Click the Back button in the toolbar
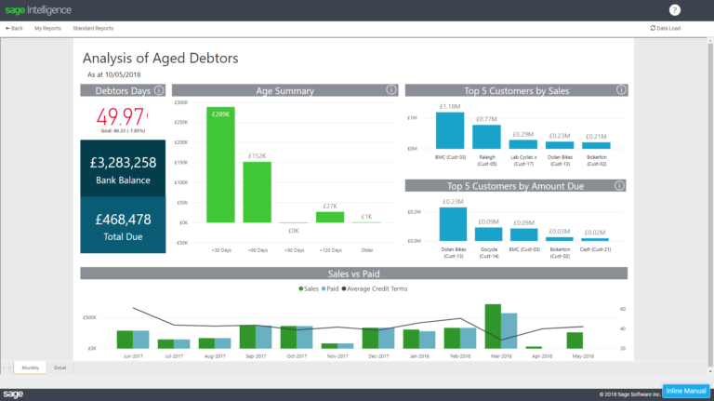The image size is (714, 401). pos(14,29)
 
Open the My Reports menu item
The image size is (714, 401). pos(47,29)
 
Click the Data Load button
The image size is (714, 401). pos(666,29)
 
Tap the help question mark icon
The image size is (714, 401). pos(675,10)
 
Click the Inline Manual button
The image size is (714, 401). pos(686,392)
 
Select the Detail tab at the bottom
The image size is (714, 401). pos(60,368)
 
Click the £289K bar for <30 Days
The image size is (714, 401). pos(220,167)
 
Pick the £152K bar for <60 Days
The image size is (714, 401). pos(258,192)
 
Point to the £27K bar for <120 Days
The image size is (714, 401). pos(330,217)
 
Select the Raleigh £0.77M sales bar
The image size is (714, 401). pos(486,137)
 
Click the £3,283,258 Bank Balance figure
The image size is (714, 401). pos(123,163)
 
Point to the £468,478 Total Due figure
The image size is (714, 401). pos(123,220)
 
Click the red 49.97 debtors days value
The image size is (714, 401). pos(121,116)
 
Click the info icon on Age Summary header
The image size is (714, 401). pos(391,90)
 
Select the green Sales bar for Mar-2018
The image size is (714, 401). pos(493,326)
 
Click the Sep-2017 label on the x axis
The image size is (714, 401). pos(254,355)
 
